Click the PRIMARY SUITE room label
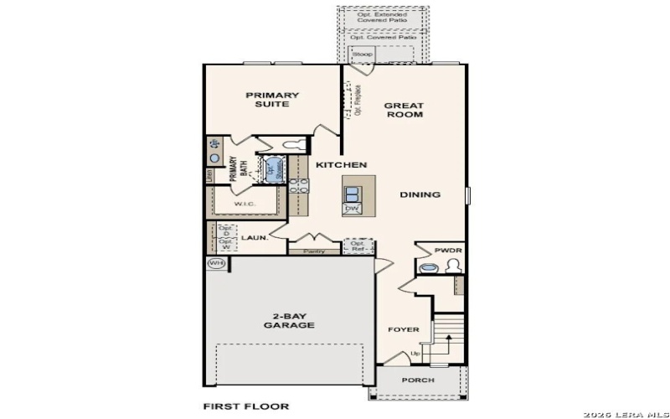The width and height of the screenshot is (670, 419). (272, 100)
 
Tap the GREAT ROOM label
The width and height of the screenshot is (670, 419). (404, 110)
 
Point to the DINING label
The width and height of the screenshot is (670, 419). (420, 194)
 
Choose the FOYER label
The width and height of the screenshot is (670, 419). (403, 329)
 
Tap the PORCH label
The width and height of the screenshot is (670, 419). (418, 380)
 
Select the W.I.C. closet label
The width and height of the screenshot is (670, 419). (245, 204)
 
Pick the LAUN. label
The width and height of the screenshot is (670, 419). (255, 238)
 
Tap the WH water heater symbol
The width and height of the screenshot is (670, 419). (216, 263)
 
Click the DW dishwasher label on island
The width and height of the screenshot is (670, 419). (352, 208)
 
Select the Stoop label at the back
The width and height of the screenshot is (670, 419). (362, 54)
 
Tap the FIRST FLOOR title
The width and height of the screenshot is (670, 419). (246, 406)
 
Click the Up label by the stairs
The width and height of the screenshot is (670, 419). (415, 353)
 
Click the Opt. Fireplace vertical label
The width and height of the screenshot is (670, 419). (358, 99)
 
